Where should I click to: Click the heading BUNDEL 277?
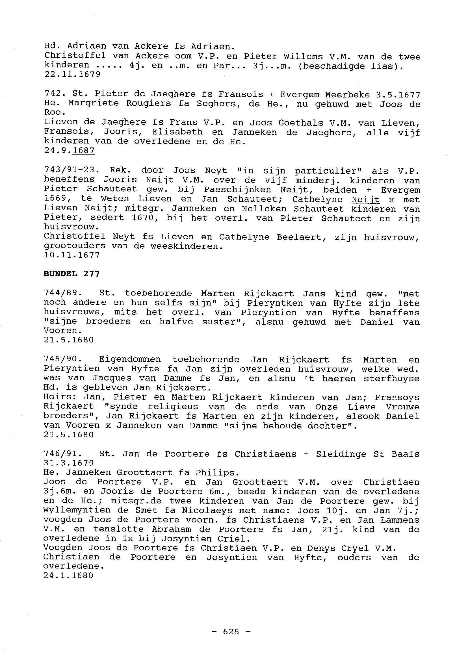pos(71,274)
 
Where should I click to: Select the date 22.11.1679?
pos(72,74)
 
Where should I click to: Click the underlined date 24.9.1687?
pos(69,151)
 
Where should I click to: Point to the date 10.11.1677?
pos(72,255)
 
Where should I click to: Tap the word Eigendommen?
pos(130,360)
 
